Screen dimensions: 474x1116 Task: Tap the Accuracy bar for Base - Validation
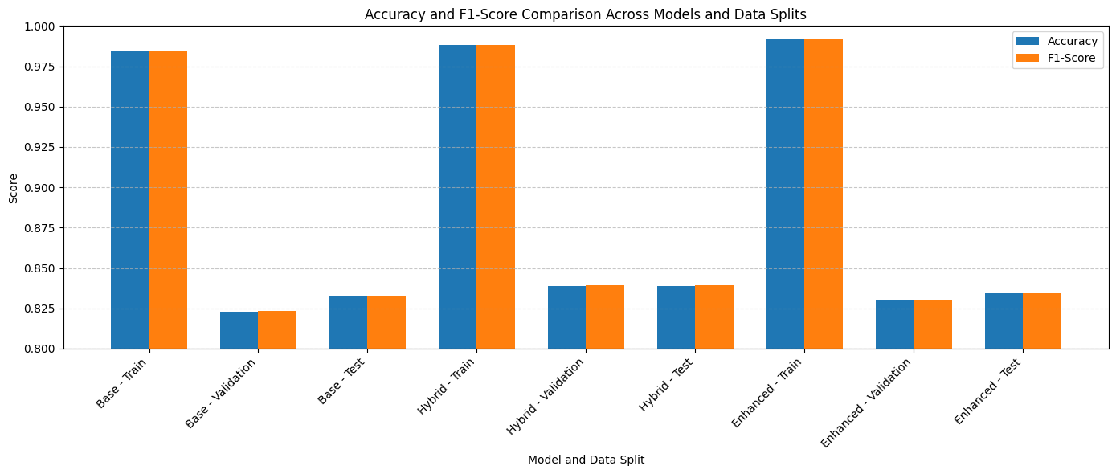coord(239,330)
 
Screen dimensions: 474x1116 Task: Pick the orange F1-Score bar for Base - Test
coord(386,322)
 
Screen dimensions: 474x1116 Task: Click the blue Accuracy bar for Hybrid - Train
coord(457,197)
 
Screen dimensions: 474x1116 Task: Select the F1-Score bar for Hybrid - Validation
coord(605,317)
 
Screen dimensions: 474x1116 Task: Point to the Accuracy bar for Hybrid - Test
coord(676,317)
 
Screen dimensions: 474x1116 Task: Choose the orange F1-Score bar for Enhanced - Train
coord(824,194)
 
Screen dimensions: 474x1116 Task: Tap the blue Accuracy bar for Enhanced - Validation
coord(894,325)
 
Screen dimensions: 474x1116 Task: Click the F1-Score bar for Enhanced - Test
coord(1042,321)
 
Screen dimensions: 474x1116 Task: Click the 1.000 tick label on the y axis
coord(40,27)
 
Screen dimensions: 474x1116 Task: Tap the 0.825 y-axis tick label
coord(40,309)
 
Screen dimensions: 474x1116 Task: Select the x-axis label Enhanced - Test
coord(988,390)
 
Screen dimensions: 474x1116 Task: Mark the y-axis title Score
coord(13,187)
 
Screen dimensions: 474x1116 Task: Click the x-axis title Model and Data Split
coord(586,460)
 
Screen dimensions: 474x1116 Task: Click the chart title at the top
coord(586,14)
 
